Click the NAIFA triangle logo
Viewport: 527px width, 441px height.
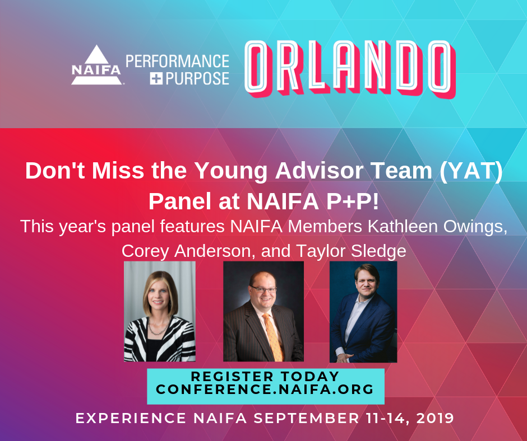click(96, 65)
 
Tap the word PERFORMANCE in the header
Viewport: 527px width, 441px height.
click(178, 61)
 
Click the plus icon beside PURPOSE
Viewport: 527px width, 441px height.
click(156, 78)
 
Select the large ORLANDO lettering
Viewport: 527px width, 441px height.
click(350, 69)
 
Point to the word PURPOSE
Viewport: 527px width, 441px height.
click(197, 78)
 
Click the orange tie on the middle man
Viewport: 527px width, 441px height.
click(273, 336)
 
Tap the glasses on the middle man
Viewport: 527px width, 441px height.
click(263, 289)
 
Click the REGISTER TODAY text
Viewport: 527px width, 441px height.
click(265, 376)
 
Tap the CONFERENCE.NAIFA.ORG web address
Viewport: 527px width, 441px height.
click(265, 390)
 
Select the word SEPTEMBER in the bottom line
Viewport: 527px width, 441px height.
click(306, 419)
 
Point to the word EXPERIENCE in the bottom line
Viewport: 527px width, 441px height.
click(131, 419)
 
